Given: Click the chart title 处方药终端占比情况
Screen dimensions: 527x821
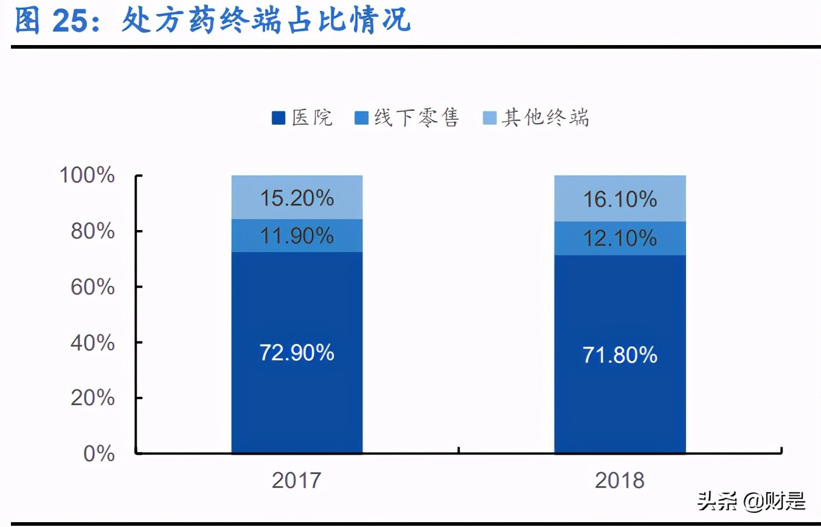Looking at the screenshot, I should coord(266,21).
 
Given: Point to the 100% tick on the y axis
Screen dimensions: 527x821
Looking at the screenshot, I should coord(87,175).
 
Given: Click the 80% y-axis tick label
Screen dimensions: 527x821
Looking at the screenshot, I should coord(92,231).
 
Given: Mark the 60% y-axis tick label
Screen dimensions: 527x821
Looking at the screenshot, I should coord(92,287).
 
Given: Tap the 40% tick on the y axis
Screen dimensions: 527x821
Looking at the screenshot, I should coord(92,343).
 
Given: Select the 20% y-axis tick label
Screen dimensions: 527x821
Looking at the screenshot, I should coord(92,398).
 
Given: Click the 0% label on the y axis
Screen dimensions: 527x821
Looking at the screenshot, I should coord(99,453).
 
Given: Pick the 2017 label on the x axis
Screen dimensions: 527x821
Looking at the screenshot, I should coord(296,481).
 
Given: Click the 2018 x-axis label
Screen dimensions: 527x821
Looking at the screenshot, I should coord(620,481).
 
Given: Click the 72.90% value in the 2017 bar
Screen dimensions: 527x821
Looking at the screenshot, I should coord(297,352).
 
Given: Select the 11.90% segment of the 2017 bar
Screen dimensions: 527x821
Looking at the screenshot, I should coord(297,236).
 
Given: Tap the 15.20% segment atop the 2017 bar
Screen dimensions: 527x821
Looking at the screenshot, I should coord(297,198).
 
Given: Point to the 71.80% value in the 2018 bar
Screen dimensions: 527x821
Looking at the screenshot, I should coord(620,355).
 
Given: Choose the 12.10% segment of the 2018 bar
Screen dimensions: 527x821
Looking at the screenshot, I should coord(620,238).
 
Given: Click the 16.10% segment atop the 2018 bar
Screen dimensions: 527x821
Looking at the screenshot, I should coord(620,199).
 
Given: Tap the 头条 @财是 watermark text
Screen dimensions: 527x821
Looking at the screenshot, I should coord(752,501).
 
